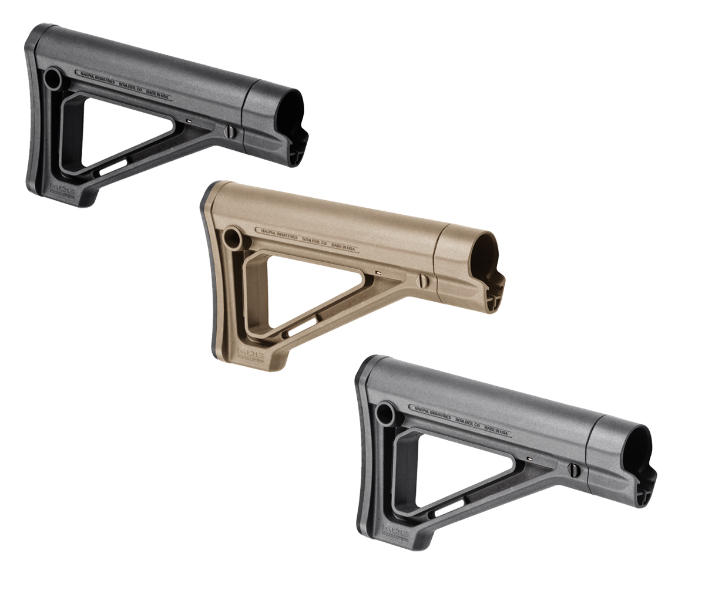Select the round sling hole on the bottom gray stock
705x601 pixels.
coord(385,414)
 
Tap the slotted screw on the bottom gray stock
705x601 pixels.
coord(574,469)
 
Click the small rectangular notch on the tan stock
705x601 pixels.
coord(379,273)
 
